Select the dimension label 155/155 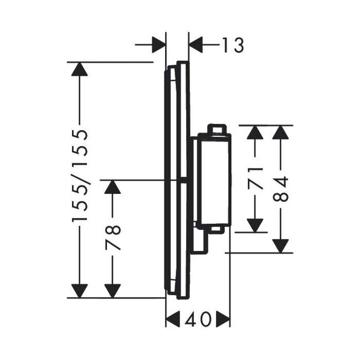80,176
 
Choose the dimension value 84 281,189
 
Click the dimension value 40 198,319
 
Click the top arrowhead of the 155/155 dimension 80,69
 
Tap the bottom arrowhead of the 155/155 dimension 80,290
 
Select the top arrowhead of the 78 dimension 112,187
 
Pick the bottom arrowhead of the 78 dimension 112,290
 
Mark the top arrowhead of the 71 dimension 254,132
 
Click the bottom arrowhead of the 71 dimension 254,225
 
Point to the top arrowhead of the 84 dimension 281,132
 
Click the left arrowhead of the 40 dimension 173,319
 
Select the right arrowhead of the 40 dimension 223,319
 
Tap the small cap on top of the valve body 217,130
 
